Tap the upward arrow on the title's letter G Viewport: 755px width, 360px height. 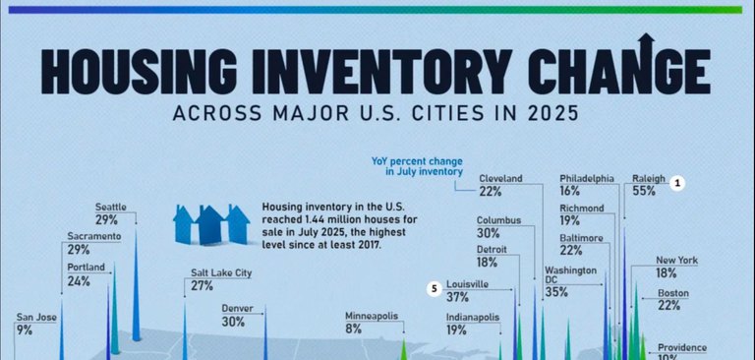(x=646, y=45)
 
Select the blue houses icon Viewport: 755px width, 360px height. (x=210, y=224)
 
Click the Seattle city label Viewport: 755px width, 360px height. (x=111, y=207)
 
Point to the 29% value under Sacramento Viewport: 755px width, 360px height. (x=79, y=251)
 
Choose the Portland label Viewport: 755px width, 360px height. (x=87, y=268)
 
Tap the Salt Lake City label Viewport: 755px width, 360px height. (x=221, y=272)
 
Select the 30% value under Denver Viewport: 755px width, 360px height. (x=234, y=322)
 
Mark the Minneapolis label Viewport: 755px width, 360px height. (x=371, y=316)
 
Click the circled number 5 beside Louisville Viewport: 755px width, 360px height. (x=434, y=288)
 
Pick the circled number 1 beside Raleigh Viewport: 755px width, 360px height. (x=676, y=182)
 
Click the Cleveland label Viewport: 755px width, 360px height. (x=500, y=178)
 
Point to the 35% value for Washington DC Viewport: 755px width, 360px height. (x=555, y=293)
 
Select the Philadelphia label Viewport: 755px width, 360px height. (x=587, y=178)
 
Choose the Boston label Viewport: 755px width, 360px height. (x=673, y=293)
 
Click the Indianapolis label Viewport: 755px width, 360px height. (x=472, y=318)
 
